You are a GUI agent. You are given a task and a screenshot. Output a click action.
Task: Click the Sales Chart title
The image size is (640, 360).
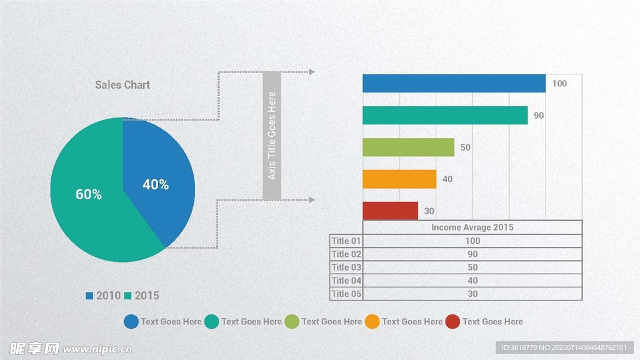tap(122, 84)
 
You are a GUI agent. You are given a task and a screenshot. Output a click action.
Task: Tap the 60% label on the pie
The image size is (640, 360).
tap(89, 194)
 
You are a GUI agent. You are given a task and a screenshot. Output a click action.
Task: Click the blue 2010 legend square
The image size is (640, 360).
tap(89, 296)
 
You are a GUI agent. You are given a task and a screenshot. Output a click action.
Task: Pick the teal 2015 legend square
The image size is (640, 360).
tap(128, 296)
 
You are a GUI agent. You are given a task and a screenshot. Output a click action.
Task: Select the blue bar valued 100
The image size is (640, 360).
tap(454, 84)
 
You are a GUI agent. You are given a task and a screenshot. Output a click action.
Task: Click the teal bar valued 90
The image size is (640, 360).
tap(445, 116)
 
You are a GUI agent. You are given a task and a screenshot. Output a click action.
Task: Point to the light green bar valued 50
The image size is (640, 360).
tap(408, 147)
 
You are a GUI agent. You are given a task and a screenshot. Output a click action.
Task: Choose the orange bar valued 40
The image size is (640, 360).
tap(399, 179)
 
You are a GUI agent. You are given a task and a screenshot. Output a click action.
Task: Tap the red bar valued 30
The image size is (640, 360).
tap(390, 211)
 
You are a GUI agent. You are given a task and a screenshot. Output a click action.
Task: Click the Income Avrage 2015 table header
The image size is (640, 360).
tap(472, 227)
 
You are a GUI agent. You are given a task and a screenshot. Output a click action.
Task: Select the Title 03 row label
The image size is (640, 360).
tap(346, 267)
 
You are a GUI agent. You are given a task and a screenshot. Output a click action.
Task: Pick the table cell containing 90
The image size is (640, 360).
tap(472, 254)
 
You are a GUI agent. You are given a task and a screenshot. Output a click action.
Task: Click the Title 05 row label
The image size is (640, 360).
tap(346, 294)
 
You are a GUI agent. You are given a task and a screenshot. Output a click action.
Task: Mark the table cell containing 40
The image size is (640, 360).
tap(472, 281)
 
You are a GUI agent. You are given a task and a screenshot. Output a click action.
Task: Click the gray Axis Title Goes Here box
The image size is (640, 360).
tap(272, 136)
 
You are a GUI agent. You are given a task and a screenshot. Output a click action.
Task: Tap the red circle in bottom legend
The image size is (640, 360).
tap(452, 322)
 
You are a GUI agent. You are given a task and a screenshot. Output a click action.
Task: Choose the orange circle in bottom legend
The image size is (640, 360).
tap(372, 322)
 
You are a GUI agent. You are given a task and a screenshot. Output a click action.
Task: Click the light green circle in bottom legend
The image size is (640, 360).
tap(292, 322)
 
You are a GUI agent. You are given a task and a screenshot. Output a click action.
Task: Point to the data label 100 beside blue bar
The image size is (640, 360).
tap(559, 84)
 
